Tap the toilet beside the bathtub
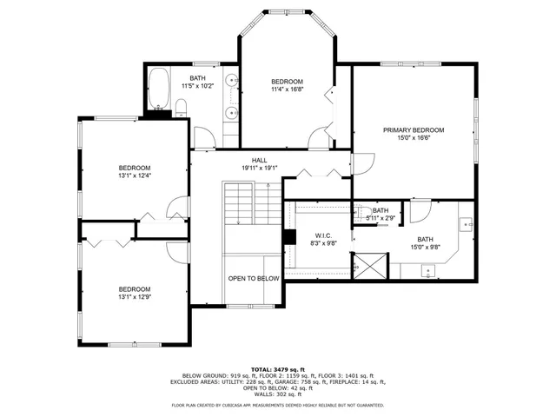tap(181, 108)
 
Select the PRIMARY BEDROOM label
tap(414, 129)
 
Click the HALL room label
tap(260, 160)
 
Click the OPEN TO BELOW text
tap(254, 278)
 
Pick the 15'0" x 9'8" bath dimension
tap(425, 247)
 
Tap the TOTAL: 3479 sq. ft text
tap(278, 368)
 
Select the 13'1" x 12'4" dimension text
tap(135, 175)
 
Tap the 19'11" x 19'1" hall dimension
tap(260, 169)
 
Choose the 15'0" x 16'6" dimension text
tap(414, 137)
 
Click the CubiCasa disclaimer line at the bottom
tap(278, 405)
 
